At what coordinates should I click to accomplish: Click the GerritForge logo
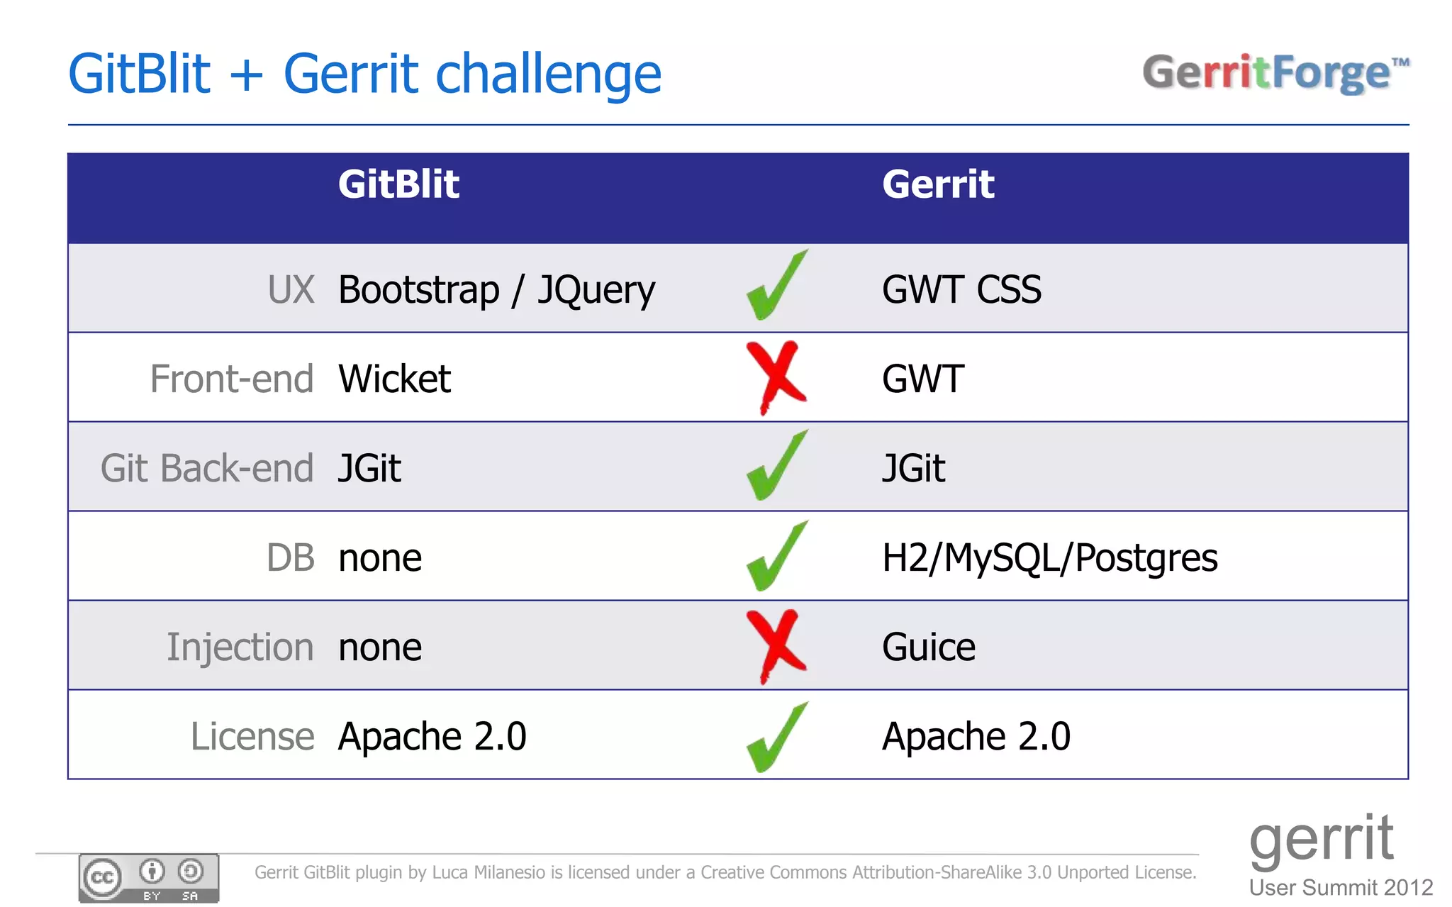click(1275, 73)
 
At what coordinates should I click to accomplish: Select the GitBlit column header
click(398, 184)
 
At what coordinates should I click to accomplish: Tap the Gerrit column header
click(937, 184)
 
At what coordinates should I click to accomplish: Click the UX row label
click(291, 289)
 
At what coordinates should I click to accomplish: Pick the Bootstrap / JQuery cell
click(496, 290)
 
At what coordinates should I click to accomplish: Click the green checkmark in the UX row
click(776, 286)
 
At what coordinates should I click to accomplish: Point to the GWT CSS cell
click(961, 289)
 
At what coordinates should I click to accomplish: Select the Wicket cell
click(394, 379)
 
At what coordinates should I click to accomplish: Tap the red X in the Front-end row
click(775, 376)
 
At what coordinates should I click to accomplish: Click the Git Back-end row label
click(207, 468)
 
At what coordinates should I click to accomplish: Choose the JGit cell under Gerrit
click(913, 468)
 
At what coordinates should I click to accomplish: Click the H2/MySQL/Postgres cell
click(1049, 557)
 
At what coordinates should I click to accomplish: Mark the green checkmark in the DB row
click(776, 557)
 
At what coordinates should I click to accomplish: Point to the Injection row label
click(240, 647)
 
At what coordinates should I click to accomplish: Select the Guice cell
click(929, 647)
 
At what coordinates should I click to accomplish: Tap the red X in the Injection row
click(775, 645)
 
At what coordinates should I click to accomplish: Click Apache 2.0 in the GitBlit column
click(432, 736)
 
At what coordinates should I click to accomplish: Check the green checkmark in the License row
click(776, 738)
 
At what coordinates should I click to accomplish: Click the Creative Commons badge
click(149, 878)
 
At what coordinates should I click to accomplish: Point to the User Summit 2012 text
click(1341, 887)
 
